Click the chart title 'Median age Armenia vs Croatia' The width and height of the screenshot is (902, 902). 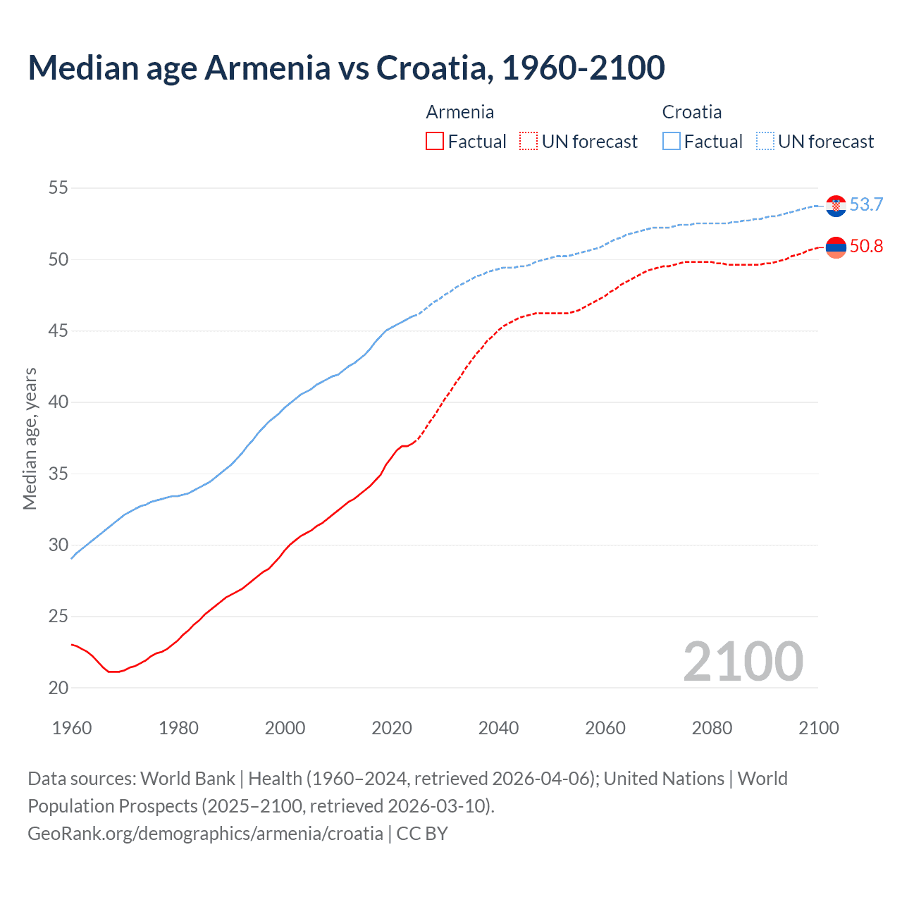coord(346,68)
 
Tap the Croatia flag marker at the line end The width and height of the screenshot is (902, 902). coord(836,206)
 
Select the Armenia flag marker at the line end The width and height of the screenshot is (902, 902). coord(836,247)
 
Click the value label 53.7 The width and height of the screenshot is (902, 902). coord(866,204)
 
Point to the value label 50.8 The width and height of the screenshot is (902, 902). coord(866,246)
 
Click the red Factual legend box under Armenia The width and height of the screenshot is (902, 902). coord(435,142)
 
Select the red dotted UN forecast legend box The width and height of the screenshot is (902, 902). coord(529,142)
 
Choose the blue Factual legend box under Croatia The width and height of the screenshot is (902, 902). coord(672,142)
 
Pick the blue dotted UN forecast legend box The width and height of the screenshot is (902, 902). coord(765,142)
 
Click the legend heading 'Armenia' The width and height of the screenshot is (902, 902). coord(459,112)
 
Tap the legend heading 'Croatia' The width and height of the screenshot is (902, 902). coord(691,112)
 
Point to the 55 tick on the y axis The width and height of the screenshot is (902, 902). coord(58,188)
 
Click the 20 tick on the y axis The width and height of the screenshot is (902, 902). coord(58,688)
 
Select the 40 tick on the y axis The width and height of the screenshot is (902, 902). coord(58,402)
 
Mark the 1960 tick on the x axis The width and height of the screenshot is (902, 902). coord(72,728)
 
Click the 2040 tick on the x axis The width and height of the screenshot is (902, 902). coord(498,728)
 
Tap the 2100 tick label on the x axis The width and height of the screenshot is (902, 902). coord(818,728)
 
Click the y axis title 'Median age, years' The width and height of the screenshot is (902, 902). coord(30,438)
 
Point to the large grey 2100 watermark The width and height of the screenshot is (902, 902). coord(743,661)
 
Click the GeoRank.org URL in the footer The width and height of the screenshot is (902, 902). coord(205,834)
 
